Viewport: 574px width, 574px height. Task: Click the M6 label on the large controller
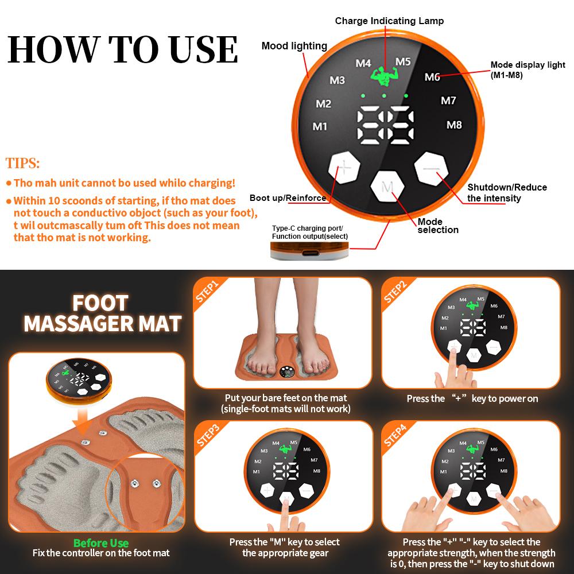tap(432, 77)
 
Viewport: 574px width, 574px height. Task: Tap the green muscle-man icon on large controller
tap(379, 77)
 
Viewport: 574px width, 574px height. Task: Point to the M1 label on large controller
tap(320, 126)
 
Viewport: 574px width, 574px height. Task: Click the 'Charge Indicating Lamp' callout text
tap(389, 21)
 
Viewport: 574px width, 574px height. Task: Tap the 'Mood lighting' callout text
tap(294, 46)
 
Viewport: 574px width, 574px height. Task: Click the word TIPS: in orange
tap(23, 164)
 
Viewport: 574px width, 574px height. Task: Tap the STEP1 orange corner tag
tap(208, 291)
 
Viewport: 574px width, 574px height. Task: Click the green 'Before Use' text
tap(101, 543)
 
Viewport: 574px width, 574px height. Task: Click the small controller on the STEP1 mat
tap(286, 372)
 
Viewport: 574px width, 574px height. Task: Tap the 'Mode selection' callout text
tap(438, 226)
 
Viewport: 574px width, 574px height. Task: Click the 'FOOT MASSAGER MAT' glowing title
tap(102, 313)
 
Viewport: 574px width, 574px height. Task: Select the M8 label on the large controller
tap(454, 125)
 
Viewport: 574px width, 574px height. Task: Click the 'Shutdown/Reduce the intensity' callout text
tap(507, 192)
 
